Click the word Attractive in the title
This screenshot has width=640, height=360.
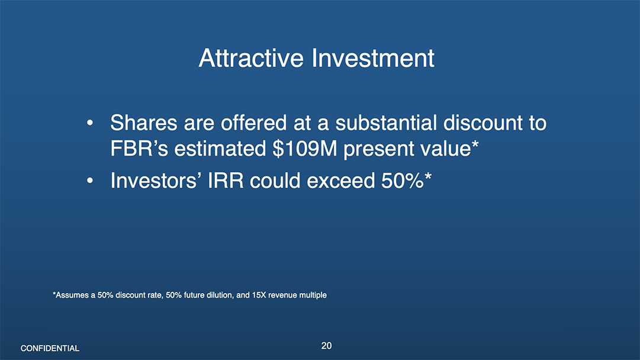[x=251, y=58]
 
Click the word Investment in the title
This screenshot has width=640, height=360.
[x=373, y=58]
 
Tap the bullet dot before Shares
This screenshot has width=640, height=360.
[x=90, y=123]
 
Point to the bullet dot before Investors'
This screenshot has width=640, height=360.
[x=90, y=181]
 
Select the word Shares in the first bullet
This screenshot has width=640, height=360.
[x=144, y=123]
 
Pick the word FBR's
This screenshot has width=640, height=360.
[x=139, y=148]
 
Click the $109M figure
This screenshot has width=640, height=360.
[x=305, y=148]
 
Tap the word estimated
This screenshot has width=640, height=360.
[x=220, y=148]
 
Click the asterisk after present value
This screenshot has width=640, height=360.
[x=475, y=144]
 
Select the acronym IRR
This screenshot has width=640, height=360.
[x=226, y=181]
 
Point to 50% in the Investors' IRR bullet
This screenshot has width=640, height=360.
[x=402, y=181]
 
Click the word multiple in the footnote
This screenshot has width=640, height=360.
[x=313, y=295]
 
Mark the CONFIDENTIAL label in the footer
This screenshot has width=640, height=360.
[x=50, y=348]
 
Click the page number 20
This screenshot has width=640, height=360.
[x=327, y=346]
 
